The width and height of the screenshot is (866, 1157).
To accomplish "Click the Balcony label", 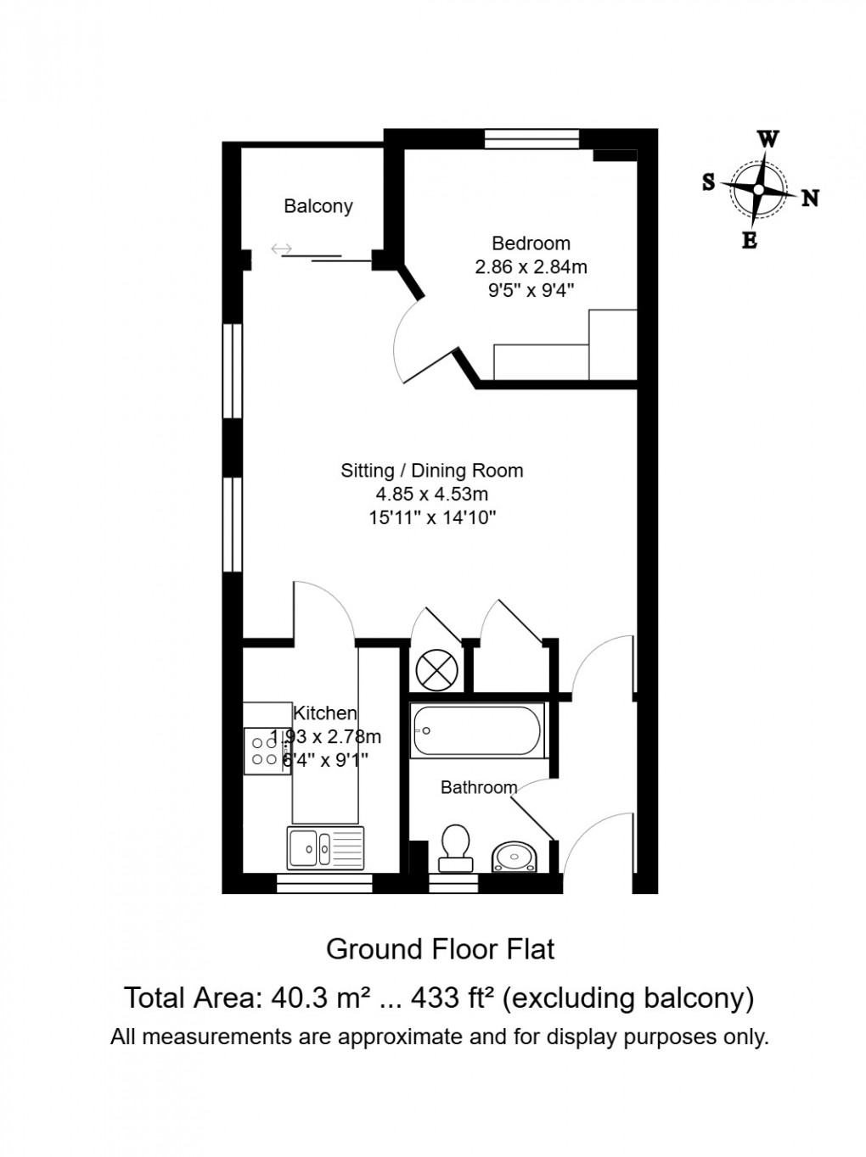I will (x=318, y=206).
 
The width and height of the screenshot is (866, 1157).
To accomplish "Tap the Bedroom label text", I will (x=531, y=243).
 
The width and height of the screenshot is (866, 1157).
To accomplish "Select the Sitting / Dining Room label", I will (x=431, y=470).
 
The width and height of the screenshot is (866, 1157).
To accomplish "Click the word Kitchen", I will (x=325, y=713).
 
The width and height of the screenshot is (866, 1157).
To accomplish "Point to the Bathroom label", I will (x=479, y=787).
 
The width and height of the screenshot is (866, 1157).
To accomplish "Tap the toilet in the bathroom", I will (x=456, y=846).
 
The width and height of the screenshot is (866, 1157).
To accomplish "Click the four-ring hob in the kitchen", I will (x=267, y=751).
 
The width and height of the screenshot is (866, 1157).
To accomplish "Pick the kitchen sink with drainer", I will (x=324, y=847).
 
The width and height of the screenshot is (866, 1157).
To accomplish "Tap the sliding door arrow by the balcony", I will (x=282, y=249).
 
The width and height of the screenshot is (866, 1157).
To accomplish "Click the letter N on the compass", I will (x=810, y=198).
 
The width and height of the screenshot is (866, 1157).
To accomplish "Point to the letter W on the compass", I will (x=768, y=139).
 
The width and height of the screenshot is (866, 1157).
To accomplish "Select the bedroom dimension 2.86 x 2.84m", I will (x=531, y=266).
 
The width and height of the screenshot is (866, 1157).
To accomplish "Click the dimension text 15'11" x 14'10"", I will (x=431, y=517).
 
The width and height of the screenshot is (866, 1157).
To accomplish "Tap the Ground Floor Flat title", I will (x=440, y=948).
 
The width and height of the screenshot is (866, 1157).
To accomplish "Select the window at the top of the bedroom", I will (x=531, y=138).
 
